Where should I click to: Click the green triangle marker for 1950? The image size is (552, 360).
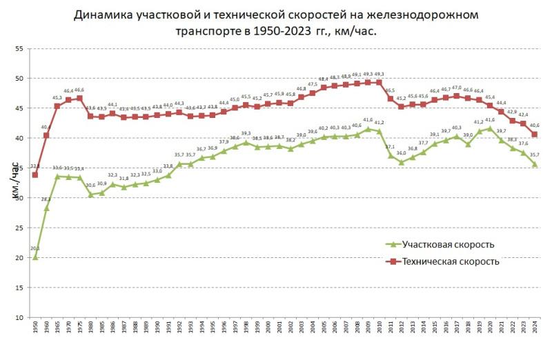(x=35, y=257)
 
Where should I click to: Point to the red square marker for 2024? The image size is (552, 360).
(x=535, y=134)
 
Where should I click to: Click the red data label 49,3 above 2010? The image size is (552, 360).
(x=379, y=74)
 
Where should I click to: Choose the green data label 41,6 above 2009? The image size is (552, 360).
(x=368, y=120)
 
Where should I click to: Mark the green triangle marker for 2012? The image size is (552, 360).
(x=401, y=162)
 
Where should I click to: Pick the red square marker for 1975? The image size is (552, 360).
(x=79, y=99)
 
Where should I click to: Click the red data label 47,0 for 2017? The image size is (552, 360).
(x=456, y=88)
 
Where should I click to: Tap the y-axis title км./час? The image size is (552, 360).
(x=14, y=183)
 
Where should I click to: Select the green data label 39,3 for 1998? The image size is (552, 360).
(x=246, y=134)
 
